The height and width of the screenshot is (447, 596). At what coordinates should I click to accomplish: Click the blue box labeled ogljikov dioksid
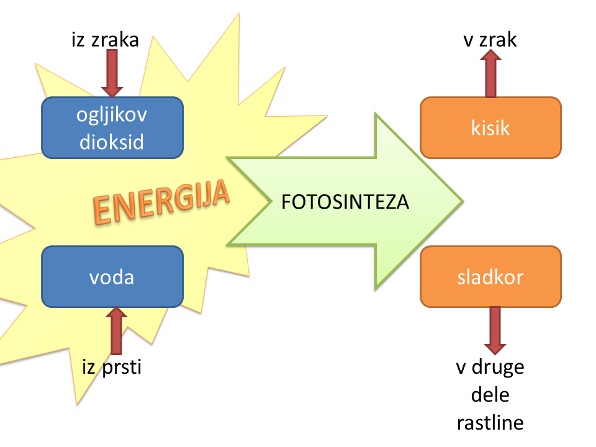pyautogui.click(x=112, y=128)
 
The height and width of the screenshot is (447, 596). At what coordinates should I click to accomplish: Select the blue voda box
pyautogui.click(x=112, y=277)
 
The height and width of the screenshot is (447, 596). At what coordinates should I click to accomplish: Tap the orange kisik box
pyautogui.click(x=490, y=128)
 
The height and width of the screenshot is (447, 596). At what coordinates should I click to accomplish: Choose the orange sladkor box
pyautogui.click(x=490, y=277)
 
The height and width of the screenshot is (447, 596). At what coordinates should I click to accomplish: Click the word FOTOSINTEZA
pyautogui.click(x=345, y=202)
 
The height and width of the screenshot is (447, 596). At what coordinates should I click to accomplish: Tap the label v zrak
pyautogui.click(x=490, y=40)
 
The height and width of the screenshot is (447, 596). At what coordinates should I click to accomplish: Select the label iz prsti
pyautogui.click(x=112, y=367)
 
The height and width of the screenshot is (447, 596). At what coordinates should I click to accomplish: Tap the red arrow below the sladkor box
pyautogui.click(x=494, y=330)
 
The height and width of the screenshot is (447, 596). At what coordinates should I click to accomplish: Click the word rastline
pyautogui.click(x=490, y=423)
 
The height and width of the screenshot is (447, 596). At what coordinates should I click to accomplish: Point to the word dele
pyautogui.click(x=490, y=395)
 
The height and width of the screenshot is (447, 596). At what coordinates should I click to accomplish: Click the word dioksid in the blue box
pyautogui.click(x=112, y=142)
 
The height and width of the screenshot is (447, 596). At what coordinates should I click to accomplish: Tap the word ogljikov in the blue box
pyautogui.click(x=112, y=115)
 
